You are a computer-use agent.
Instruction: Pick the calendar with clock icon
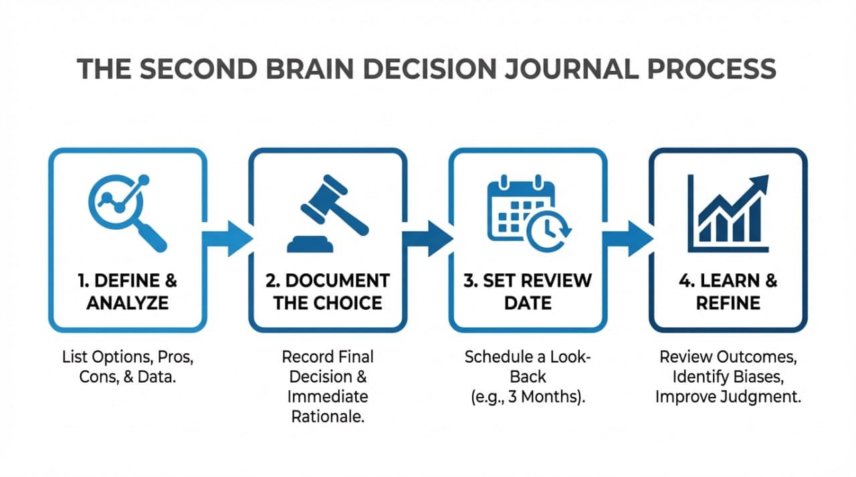[528, 210]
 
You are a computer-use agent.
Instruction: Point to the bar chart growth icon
[728, 210]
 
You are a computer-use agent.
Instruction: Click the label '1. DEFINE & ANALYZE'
[126, 291]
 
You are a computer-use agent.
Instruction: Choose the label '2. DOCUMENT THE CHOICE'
[327, 291]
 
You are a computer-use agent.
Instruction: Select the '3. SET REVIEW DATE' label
[528, 291]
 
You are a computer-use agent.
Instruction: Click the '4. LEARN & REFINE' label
[728, 291]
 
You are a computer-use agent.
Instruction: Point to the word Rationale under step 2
[328, 416]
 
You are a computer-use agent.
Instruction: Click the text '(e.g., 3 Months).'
[528, 395]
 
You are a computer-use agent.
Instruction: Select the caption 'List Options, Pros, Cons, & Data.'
[126, 366]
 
